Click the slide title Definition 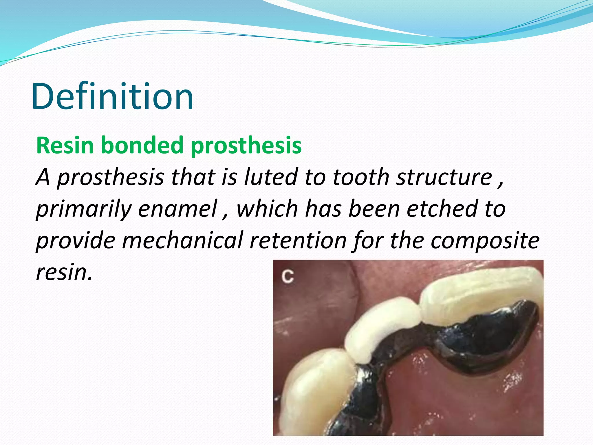click(112, 96)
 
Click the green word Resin click(65, 145)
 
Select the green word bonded click(142, 145)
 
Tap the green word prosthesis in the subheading click(246, 146)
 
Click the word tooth click(361, 177)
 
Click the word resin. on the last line click(64, 272)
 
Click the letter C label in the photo click(288, 277)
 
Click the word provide click(75, 240)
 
